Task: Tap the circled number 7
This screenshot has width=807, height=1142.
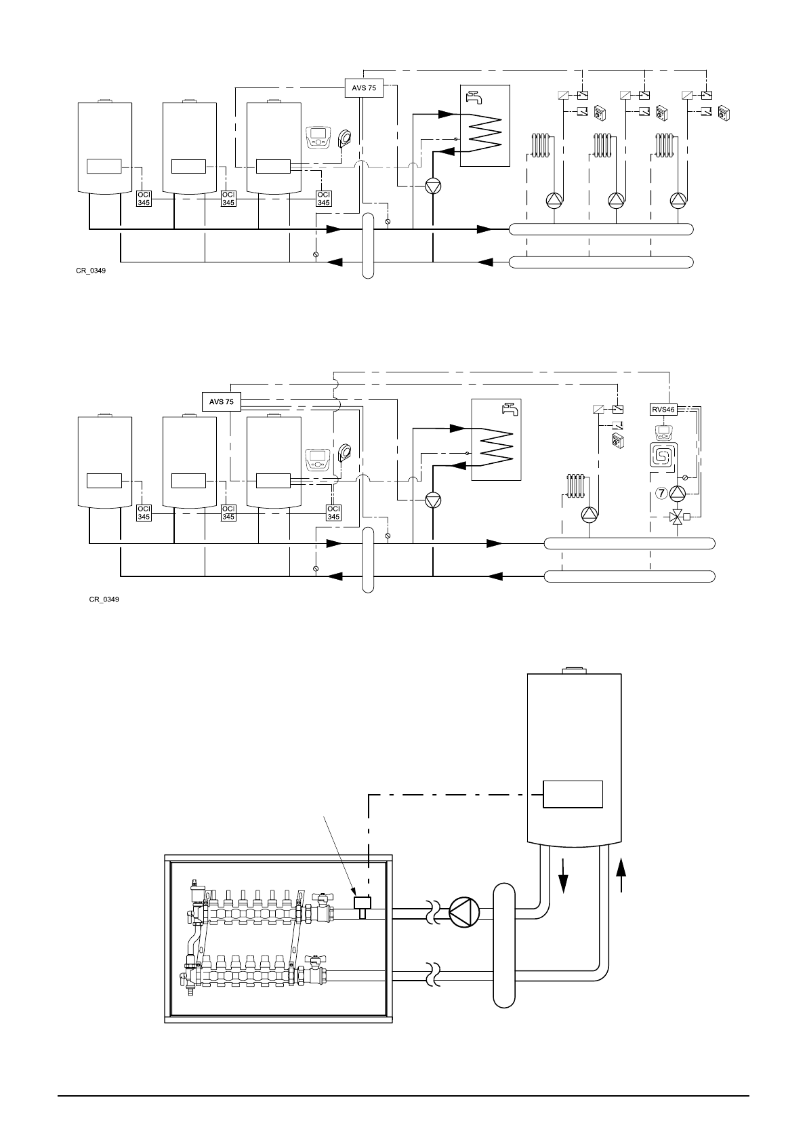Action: pyautogui.click(x=661, y=494)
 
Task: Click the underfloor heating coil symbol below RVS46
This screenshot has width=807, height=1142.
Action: pyautogui.click(x=661, y=456)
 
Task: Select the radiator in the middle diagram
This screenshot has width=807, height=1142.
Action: pyautogui.click(x=575, y=485)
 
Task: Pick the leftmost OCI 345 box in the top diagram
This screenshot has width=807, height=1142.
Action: pyautogui.click(x=144, y=198)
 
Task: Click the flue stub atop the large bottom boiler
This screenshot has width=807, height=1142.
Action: pyautogui.click(x=574, y=671)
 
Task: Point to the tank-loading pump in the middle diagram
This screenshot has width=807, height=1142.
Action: pyautogui.click(x=433, y=500)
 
